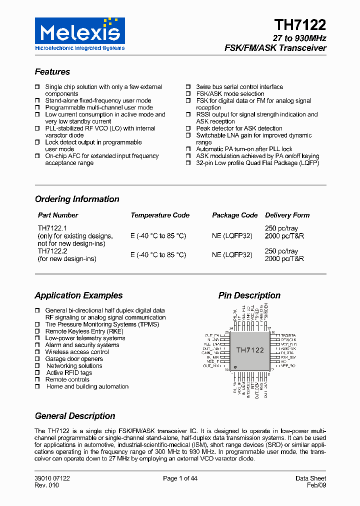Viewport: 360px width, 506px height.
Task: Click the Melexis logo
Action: point(80,34)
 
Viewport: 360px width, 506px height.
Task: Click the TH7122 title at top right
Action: point(300,25)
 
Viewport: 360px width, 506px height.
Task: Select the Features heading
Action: point(52,72)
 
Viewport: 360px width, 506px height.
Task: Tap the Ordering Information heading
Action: point(77,199)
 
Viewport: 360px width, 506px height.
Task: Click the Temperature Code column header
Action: point(160,215)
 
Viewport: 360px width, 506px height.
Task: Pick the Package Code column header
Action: point(235,215)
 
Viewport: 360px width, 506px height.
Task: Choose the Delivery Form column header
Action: point(287,215)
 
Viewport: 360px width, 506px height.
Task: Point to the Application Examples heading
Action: point(78,295)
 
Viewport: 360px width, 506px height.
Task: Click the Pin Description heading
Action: point(249,295)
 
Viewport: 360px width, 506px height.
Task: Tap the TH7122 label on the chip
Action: point(250,350)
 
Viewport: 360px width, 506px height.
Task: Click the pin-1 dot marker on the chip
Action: point(234,366)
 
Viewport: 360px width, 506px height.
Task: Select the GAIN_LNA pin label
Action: point(214,353)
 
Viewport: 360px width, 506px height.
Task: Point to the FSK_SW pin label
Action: point(287,358)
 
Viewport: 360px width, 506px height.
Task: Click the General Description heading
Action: point(75,416)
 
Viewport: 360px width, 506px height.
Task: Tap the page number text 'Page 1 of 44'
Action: point(180,478)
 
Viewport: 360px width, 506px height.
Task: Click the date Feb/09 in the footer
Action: point(316,485)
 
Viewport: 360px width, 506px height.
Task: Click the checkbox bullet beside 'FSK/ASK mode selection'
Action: point(188,94)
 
